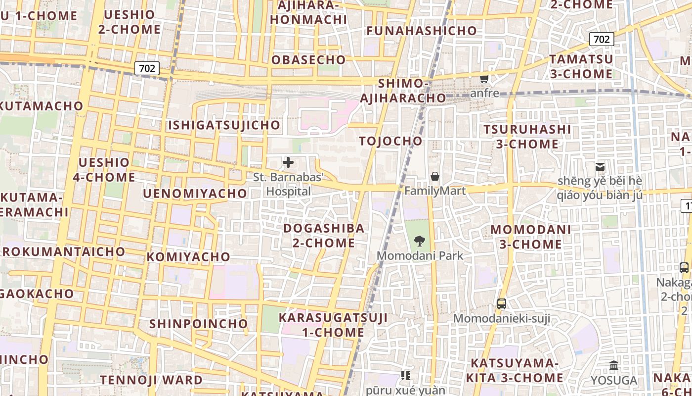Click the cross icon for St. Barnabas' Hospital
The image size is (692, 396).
288,162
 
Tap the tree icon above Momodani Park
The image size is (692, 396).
420,242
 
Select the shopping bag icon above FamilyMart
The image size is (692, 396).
435,176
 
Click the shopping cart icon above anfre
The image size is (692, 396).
484,79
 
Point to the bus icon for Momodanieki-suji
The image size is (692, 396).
502,304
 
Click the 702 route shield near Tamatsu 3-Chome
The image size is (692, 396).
602,39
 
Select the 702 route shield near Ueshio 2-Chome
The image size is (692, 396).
147,68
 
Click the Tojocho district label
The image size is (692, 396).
391,141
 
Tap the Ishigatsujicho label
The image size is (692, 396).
224,125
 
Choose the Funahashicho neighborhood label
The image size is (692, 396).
422,31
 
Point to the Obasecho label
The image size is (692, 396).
308,60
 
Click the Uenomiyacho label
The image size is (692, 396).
195,194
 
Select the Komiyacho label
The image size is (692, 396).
188,257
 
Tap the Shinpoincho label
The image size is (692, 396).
199,324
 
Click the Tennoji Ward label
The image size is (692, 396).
151,380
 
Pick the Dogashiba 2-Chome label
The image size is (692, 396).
324,236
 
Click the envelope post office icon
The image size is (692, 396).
600,167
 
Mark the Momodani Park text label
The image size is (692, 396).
420,256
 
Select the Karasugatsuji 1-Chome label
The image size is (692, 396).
333,325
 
